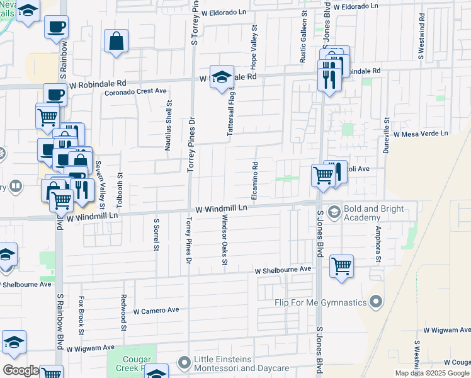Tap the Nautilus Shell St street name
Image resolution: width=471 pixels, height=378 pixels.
pyautogui.click(x=168, y=125)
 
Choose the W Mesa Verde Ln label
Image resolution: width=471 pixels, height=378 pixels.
pyautogui.click(x=421, y=134)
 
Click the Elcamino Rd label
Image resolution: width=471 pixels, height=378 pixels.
pyautogui.click(x=255, y=182)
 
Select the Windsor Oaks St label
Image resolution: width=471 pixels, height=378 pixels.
pyautogui.click(x=224, y=240)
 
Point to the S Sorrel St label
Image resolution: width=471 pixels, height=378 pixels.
pyautogui.click(x=156, y=235)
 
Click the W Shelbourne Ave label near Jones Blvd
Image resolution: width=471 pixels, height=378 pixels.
pyautogui.click(x=283, y=270)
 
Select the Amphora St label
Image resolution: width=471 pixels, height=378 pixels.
pyautogui.click(x=378, y=244)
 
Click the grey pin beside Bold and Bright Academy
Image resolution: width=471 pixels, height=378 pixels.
pyautogui.click(x=334, y=212)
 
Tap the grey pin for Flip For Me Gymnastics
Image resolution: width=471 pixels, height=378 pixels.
pyautogui.click(x=376, y=302)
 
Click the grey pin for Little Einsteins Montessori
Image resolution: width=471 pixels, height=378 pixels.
pyautogui.click(x=184, y=363)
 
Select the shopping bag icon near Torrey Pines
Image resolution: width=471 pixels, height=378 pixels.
pyautogui.click(x=116, y=42)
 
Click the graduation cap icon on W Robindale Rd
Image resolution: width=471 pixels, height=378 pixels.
pyautogui.click(x=222, y=77)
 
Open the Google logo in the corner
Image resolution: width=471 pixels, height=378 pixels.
pyautogui.click(x=21, y=370)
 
